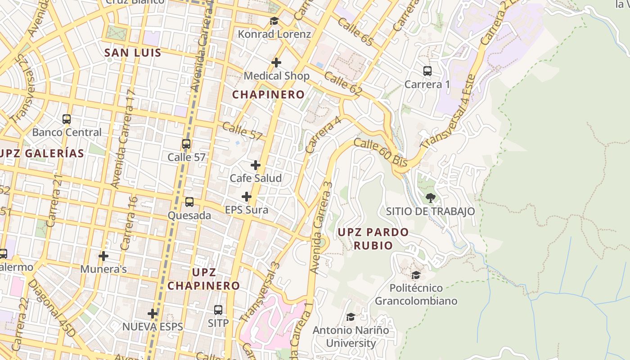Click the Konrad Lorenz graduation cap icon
[274, 21]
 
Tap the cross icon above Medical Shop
[276, 63]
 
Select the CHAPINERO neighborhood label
[268, 94]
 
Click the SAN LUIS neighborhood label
[133, 53]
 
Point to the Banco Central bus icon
[67, 119]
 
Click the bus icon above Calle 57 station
[186, 144]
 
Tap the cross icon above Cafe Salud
[256, 165]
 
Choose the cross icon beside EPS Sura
[247, 197]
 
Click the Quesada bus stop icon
[189, 202]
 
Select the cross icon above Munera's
[103, 256]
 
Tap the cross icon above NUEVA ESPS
[153, 313]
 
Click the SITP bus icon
[218, 310]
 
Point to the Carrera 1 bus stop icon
[427, 71]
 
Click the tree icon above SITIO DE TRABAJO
[430, 198]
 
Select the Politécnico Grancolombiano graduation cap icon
[416, 275]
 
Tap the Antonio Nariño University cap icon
[351, 317]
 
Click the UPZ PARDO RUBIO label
[373, 238]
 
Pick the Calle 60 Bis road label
[381, 152]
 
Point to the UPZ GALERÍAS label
[42, 153]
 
